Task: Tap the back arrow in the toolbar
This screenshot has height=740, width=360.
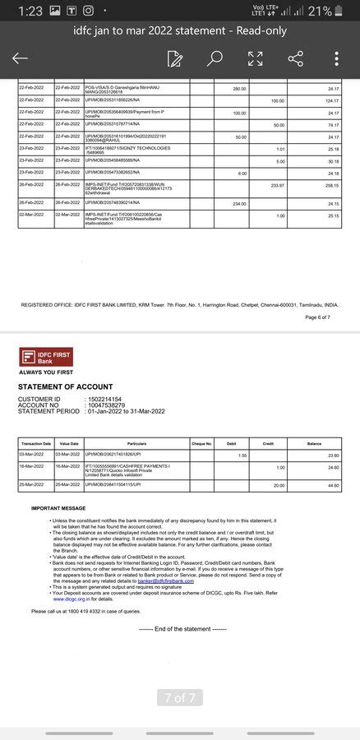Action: pos(20,58)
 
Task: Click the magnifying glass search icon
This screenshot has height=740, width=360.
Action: pos(215,58)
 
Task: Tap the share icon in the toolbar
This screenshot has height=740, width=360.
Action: pos(296,58)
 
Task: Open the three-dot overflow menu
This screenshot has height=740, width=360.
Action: pos(337,58)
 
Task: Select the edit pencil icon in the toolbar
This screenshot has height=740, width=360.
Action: pos(174,58)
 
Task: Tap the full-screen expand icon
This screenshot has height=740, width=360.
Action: pos(256,58)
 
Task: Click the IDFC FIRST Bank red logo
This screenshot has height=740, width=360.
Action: pos(46,357)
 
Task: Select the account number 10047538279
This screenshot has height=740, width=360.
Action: pos(106,405)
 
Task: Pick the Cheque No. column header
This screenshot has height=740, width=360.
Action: pos(202,443)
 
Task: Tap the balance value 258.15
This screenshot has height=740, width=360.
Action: pos(331,186)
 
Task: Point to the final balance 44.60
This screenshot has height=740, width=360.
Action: pos(334,485)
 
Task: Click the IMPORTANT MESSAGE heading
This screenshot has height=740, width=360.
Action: pos(58,508)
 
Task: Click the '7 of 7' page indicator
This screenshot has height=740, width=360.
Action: pos(179,698)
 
